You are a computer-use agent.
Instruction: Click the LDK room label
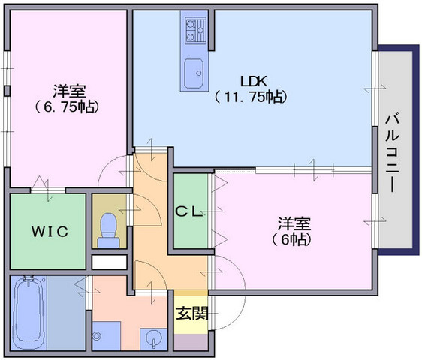click(254, 81)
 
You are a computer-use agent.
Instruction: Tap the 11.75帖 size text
click(250, 97)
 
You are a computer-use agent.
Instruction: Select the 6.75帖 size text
click(66, 107)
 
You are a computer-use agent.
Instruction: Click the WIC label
click(50, 232)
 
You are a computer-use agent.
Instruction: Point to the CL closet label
click(189, 211)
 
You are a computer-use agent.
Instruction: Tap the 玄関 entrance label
click(191, 313)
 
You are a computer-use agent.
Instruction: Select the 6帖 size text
click(292, 239)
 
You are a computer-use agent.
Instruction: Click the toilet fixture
click(108, 230)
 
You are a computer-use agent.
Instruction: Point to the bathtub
click(29, 312)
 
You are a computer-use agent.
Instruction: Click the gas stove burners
click(195, 29)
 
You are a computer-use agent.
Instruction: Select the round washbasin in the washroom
click(154, 339)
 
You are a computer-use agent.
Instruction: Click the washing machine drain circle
click(96, 335)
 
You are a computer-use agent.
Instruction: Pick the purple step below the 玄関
click(191, 342)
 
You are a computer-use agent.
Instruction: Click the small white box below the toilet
click(110, 262)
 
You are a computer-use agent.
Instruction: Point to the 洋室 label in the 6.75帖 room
click(69, 91)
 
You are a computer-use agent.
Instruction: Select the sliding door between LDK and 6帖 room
click(314, 170)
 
